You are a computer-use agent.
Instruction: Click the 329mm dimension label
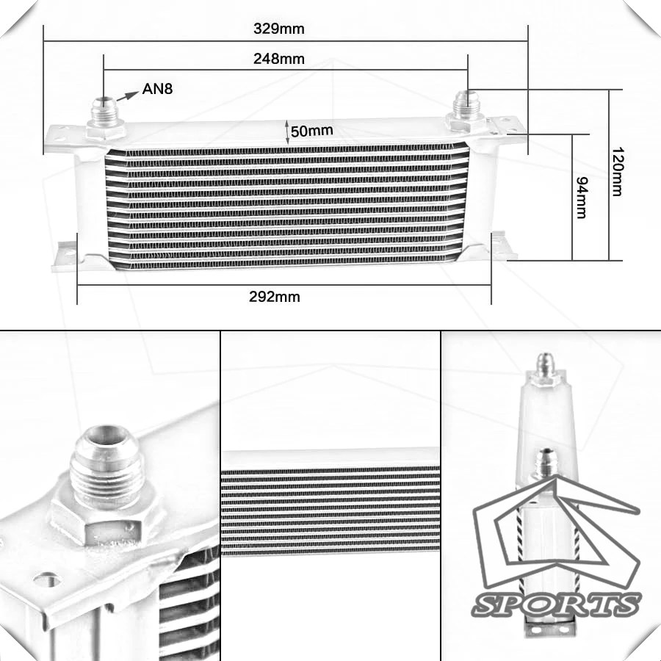point(278,29)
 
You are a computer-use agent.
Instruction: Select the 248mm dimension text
point(278,59)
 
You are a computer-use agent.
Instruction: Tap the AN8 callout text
point(157,89)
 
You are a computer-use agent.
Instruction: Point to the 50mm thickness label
point(311,131)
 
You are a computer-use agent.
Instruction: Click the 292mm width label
point(275,297)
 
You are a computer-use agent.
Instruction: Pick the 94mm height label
point(582,198)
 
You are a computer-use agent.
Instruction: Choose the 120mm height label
point(618,172)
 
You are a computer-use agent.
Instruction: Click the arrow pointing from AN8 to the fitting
point(127,96)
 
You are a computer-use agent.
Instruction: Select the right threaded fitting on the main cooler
point(466,109)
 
